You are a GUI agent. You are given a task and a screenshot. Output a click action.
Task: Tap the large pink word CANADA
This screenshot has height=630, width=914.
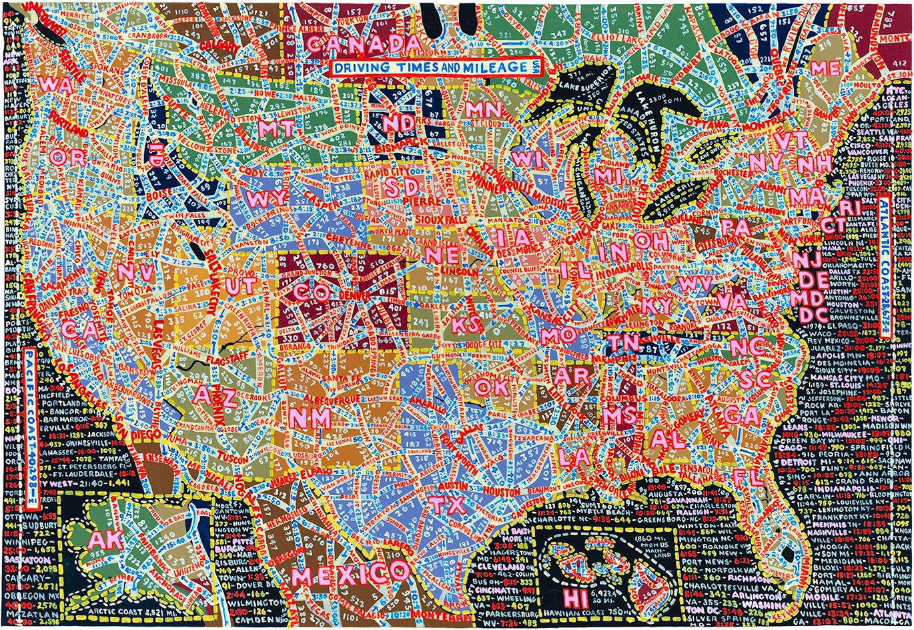pos(364,44)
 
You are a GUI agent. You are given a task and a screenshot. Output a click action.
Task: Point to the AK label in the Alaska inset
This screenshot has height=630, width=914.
pos(105,539)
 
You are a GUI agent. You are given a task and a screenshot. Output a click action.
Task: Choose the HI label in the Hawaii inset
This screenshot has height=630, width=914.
pos(575,597)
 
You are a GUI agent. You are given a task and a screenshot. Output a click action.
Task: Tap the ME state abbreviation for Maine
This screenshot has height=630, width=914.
pos(826,68)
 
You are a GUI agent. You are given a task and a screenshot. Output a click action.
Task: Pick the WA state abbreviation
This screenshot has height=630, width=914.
pos(56,85)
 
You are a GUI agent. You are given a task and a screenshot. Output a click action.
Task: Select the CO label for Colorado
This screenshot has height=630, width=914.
pos(311,292)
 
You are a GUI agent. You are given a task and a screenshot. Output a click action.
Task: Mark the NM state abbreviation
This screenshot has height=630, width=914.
pos(310,418)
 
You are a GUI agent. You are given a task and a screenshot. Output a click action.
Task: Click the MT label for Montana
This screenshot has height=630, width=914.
pos(276,128)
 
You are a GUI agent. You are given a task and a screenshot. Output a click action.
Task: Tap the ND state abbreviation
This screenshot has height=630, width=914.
pos(398,123)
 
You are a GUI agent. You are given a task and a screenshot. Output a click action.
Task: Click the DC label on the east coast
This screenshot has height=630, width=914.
pos(809,314)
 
